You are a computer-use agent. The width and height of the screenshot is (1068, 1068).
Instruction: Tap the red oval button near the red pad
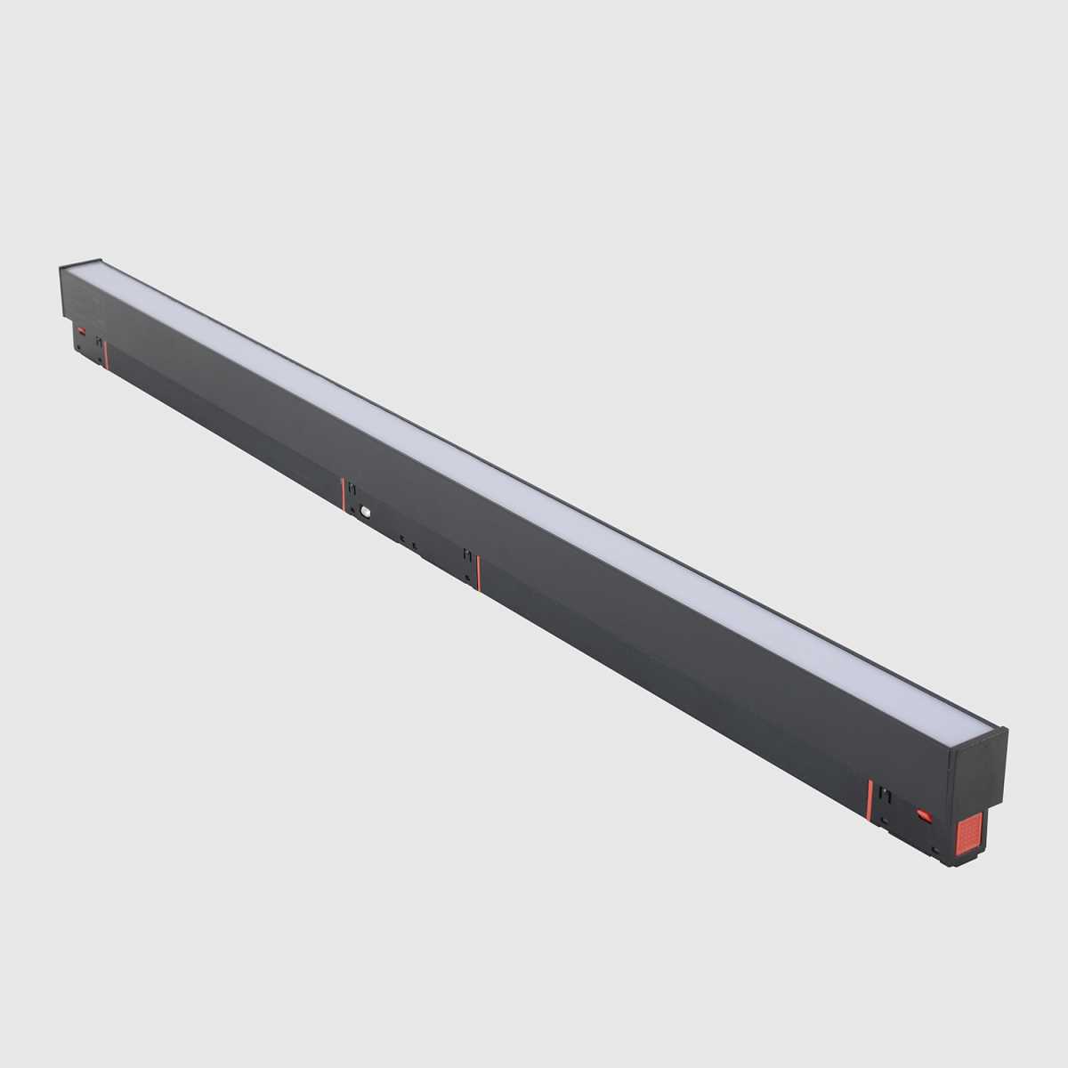[x=924, y=814]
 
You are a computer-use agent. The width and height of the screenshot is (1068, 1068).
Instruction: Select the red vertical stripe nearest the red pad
[x=870, y=799]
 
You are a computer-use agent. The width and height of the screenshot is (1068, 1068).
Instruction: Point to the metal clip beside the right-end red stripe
[x=884, y=795]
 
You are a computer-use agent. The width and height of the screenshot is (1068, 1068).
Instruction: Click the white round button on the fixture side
[x=365, y=512]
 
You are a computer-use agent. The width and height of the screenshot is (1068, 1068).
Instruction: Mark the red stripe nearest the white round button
[x=343, y=494]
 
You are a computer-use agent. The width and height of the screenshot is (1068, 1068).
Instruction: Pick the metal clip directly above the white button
[x=352, y=489]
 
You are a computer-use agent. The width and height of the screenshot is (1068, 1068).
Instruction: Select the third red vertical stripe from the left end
[x=479, y=572]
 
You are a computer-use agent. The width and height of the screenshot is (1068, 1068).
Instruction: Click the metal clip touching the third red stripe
[x=467, y=557]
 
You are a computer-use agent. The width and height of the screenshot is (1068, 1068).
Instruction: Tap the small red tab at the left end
[x=82, y=331]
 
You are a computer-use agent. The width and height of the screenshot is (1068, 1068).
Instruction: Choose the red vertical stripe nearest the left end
[x=105, y=352]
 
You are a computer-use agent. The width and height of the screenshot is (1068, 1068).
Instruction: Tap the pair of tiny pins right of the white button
[x=408, y=542]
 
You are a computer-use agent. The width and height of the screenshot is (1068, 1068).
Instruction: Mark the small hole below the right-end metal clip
[x=884, y=819]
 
